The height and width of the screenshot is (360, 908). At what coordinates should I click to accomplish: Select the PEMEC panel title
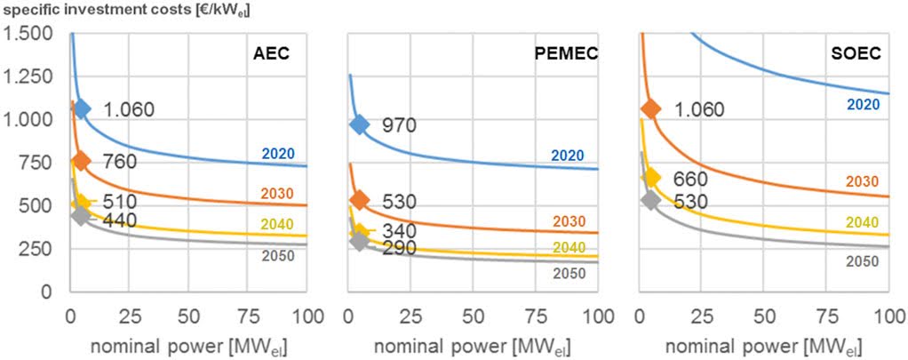point(564,53)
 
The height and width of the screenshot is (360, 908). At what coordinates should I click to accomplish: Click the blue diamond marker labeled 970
point(359,124)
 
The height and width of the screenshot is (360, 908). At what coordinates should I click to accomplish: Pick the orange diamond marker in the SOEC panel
point(650,108)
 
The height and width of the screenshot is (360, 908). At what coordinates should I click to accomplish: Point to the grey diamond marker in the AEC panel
point(81,215)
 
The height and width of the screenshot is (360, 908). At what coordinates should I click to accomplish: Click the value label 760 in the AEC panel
point(120,161)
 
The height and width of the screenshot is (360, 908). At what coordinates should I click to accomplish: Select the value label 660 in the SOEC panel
point(690,178)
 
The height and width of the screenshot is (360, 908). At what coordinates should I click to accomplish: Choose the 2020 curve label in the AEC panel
point(277,154)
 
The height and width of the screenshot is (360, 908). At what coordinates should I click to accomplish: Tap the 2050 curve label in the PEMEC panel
point(569,273)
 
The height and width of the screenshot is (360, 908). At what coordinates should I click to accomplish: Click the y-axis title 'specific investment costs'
point(98,10)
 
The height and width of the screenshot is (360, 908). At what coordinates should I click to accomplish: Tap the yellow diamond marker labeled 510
point(81,204)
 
